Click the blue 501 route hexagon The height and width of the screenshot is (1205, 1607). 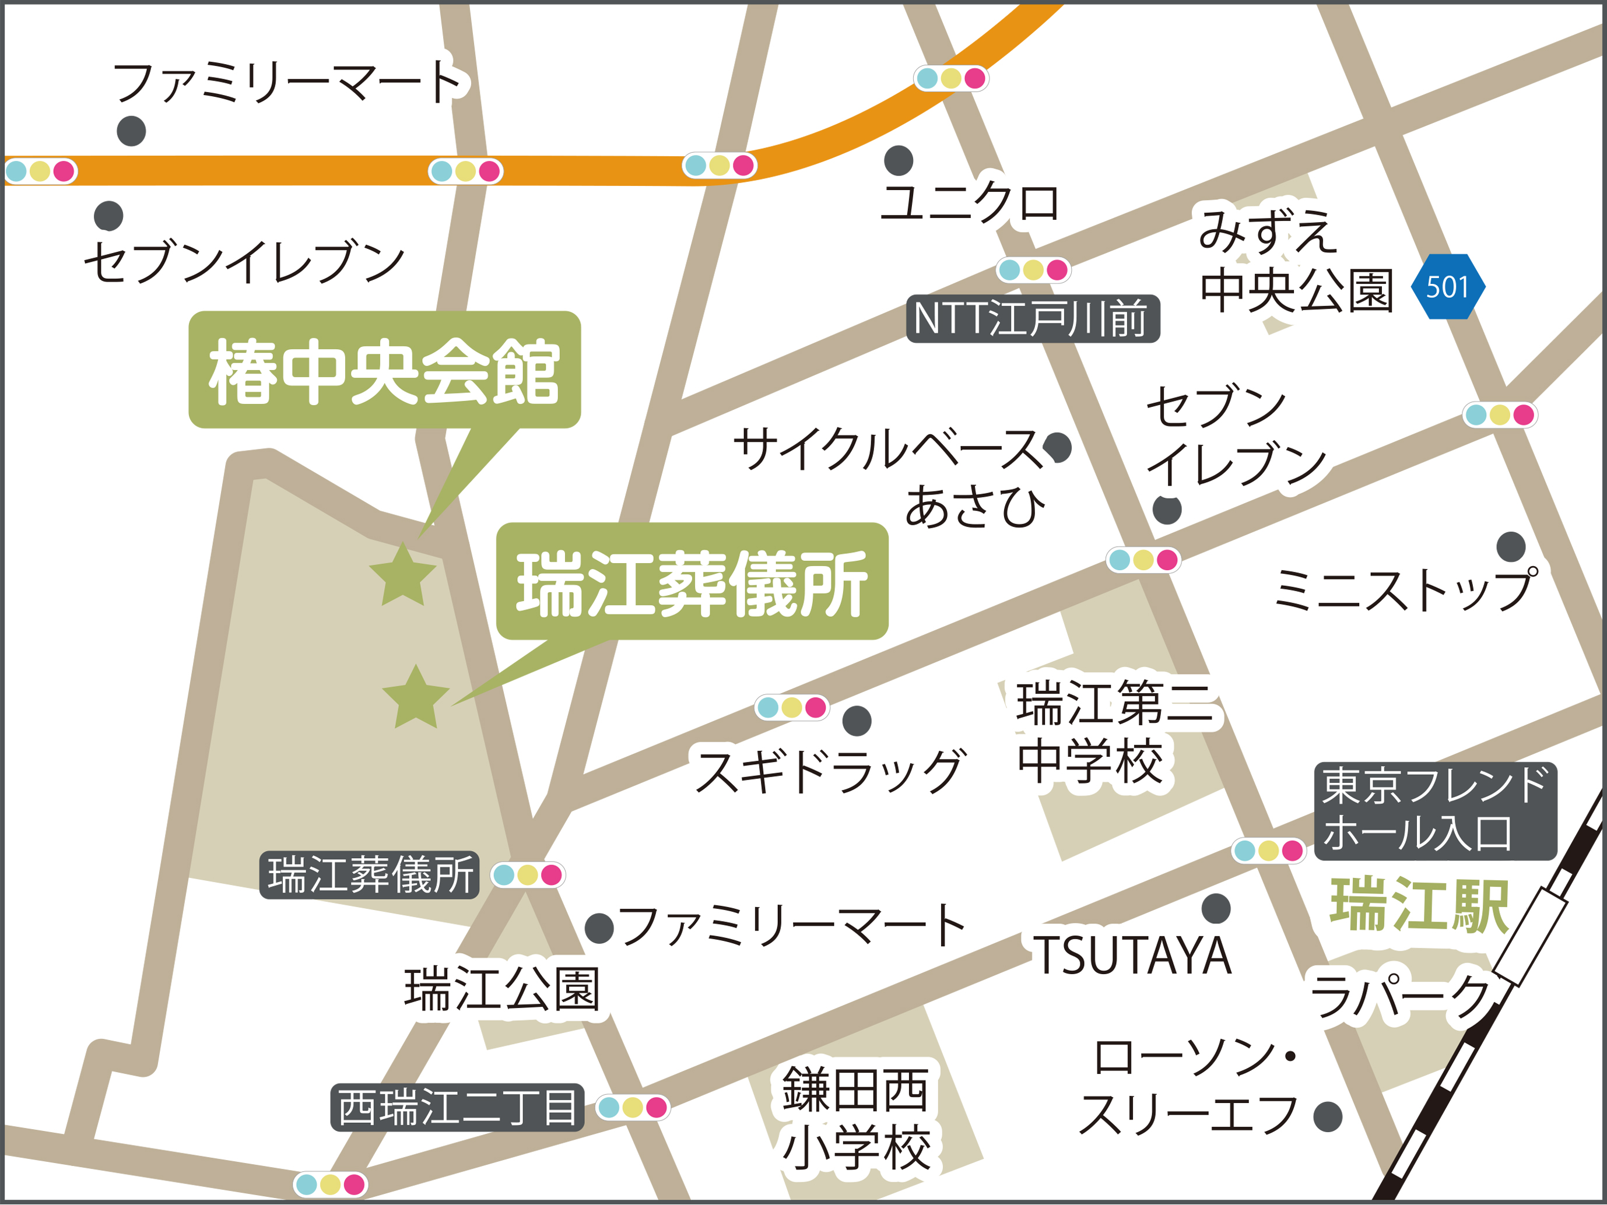point(1447,286)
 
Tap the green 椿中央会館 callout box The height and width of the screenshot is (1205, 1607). point(384,370)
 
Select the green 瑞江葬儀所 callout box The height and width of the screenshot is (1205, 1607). point(692,581)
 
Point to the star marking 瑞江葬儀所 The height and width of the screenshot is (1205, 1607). point(416,698)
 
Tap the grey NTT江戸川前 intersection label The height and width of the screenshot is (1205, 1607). point(1032,318)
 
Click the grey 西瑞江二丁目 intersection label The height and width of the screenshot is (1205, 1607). point(457,1107)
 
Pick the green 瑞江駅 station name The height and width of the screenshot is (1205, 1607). point(1419,906)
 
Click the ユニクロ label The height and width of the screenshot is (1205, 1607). point(970,203)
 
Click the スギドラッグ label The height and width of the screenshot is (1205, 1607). point(830,771)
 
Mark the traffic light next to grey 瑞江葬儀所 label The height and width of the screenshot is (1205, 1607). point(528,874)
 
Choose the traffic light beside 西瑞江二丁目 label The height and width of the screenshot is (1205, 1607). point(632,1107)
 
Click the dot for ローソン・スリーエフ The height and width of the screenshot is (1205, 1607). point(1327,1116)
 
